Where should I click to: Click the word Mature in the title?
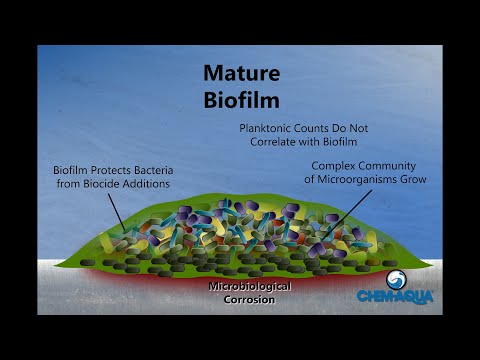(x=239, y=73)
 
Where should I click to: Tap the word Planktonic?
(x=269, y=128)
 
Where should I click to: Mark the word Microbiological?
(x=250, y=286)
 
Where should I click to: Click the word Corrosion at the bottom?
(x=250, y=299)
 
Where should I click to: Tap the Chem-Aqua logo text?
(x=396, y=296)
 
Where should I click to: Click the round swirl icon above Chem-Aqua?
(x=396, y=279)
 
